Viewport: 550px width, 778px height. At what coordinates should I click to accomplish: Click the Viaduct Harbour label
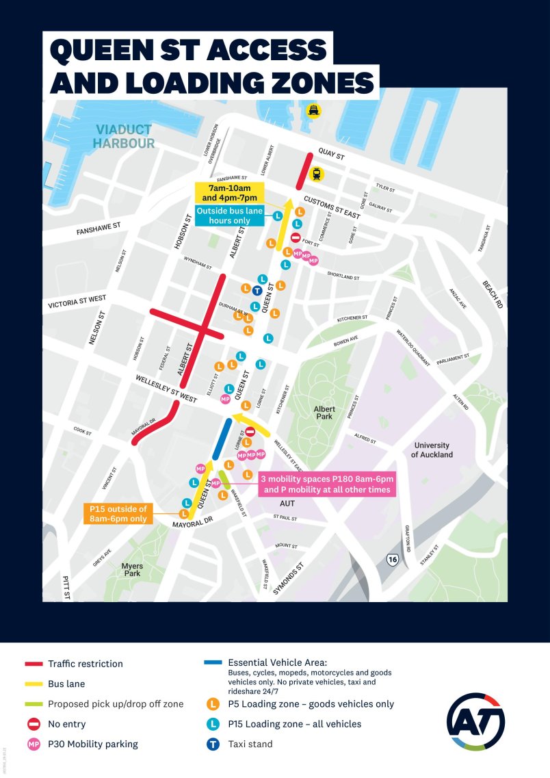(125, 136)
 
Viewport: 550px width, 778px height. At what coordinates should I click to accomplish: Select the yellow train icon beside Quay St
(316, 174)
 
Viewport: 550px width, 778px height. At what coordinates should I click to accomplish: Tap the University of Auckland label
(432, 450)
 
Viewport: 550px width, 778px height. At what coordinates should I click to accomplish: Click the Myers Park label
(132, 569)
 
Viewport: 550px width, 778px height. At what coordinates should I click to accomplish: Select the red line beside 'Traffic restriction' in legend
(34, 664)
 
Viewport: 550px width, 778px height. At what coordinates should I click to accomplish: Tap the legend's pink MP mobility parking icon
(34, 744)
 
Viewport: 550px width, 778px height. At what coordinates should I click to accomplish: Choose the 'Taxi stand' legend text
(250, 744)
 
